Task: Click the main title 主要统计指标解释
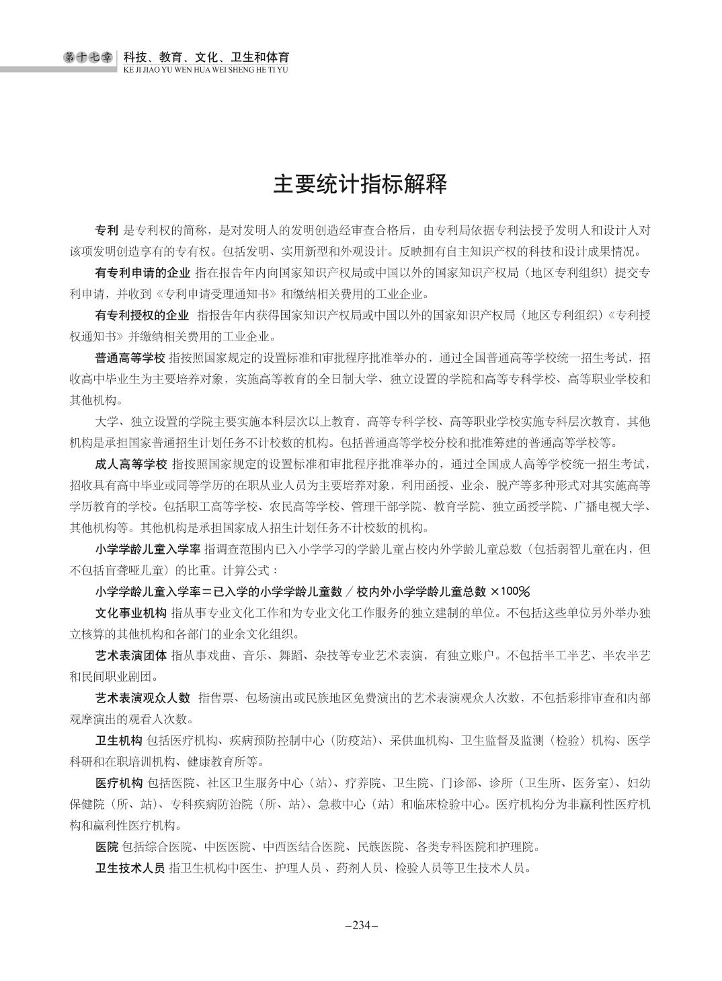(360, 184)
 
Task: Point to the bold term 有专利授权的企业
(143, 316)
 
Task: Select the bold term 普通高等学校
(130, 358)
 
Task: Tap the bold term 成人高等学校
(130, 464)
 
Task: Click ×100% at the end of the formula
(511, 591)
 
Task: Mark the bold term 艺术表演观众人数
(143, 698)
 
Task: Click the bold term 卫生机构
(119, 741)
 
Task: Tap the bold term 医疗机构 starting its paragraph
(119, 783)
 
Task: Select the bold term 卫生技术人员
(130, 868)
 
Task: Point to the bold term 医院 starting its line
(107, 846)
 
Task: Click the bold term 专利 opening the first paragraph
(107, 230)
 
